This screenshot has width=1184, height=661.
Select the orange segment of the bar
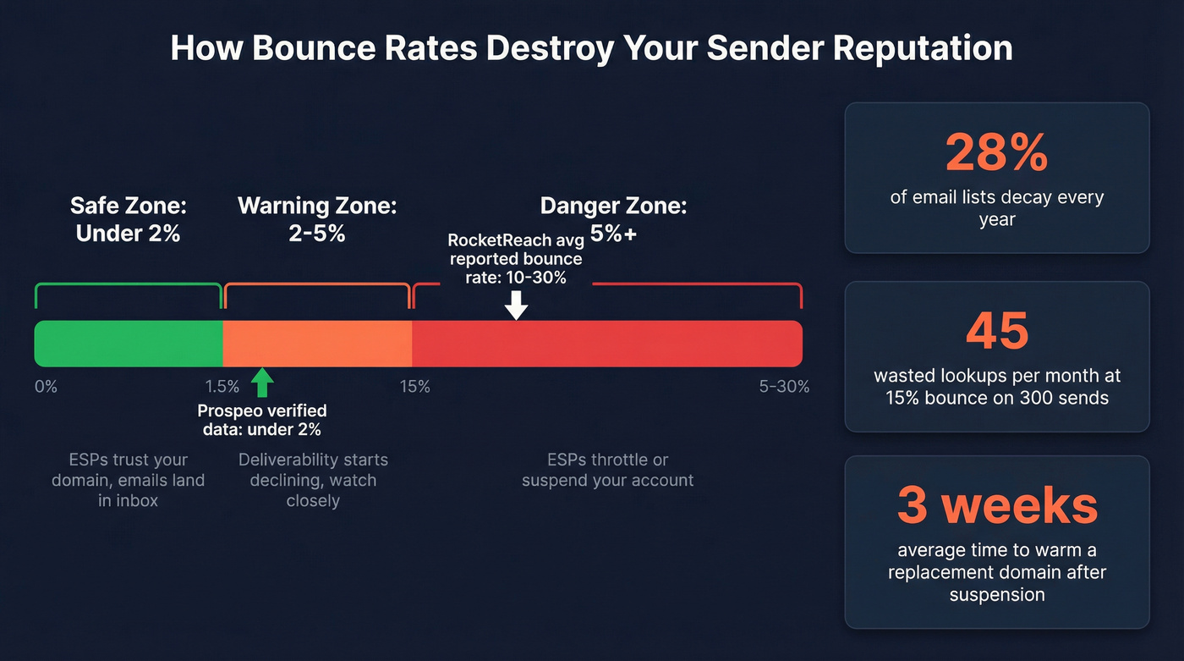[317, 344]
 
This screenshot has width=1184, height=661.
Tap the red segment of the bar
[607, 344]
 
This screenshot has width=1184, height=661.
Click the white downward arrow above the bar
[516, 305]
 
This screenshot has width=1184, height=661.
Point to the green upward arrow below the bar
[262, 383]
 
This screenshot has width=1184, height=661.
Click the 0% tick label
[46, 387]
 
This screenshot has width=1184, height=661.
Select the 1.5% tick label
[222, 387]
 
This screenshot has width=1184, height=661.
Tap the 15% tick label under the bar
[414, 387]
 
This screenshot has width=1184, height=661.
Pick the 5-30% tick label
[784, 387]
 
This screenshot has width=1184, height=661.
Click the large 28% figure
[996, 153]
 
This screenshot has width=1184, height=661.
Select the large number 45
[996, 331]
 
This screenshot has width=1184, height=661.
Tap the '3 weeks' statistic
[996, 505]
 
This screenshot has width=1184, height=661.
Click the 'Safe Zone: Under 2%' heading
[129, 219]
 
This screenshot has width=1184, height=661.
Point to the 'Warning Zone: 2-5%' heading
[317, 219]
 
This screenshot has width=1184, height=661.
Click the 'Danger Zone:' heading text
[613, 206]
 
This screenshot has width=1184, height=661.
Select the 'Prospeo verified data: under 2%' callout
[262, 420]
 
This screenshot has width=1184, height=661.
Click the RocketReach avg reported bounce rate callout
[516, 259]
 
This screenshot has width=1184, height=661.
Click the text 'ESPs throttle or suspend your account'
[607, 470]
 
